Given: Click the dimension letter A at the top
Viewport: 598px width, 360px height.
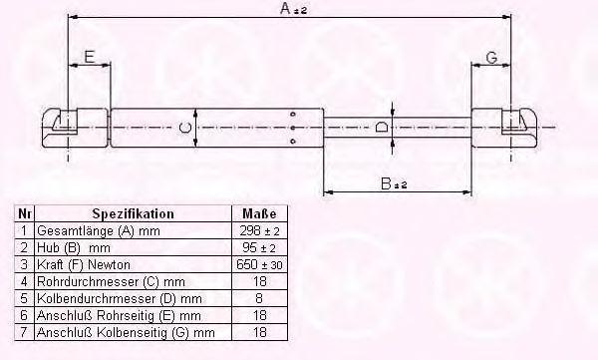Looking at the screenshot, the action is click(285, 8).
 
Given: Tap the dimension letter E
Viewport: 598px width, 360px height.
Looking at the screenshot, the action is click(89, 57).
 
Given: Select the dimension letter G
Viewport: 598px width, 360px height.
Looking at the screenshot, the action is click(492, 58).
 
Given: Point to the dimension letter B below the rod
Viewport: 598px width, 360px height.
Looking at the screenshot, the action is click(386, 183).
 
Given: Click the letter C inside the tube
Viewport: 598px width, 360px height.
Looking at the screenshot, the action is click(185, 127).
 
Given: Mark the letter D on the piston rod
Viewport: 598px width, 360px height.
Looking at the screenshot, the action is click(382, 127).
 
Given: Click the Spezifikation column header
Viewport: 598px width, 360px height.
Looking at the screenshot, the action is click(133, 213).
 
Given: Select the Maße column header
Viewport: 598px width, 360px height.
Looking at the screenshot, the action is click(259, 213).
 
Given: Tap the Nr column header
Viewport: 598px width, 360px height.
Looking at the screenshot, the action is click(24, 213).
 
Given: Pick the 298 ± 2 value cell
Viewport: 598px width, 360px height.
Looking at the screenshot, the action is click(259, 230).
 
